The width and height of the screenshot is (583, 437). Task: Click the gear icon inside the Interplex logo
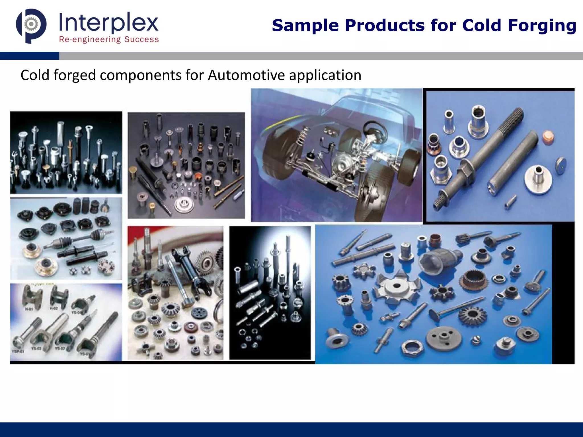coord(31,24)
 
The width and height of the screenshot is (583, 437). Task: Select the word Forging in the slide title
coord(542,25)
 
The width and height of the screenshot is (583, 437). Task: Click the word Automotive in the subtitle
coord(246,75)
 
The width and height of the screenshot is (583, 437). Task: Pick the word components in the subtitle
coord(141,75)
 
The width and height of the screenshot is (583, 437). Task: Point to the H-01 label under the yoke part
coord(29,309)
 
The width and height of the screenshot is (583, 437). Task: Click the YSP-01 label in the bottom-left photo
coord(18,352)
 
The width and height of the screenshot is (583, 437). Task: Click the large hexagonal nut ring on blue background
coord(412,348)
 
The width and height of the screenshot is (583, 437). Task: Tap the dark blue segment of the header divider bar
coord(30,56)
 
